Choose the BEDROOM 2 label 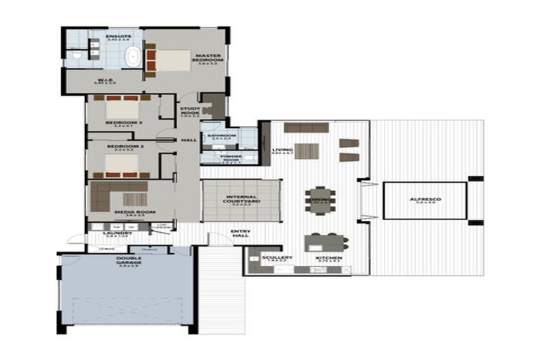119,146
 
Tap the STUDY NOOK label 190,111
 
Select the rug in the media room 134,199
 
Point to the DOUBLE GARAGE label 127,259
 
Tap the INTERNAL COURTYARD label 241,199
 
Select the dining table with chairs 320,200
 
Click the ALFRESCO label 425,200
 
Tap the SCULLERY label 277,258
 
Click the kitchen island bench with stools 326,243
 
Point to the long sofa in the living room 306,128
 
